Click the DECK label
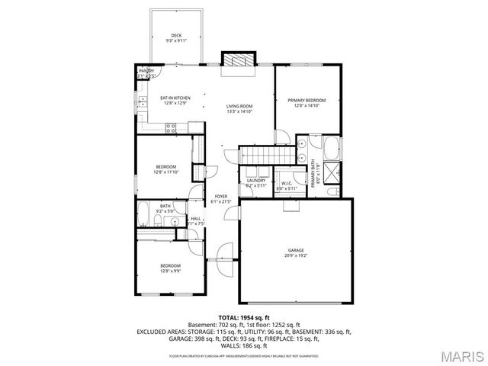[176, 36]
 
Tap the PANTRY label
[146, 71]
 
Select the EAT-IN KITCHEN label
[175, 98]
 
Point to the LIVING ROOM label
[239, 106]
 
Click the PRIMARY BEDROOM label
[307, 101]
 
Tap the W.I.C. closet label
[287, 183]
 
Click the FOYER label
[221, 197]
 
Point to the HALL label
[196, 218]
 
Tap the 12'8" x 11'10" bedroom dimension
[167, 172]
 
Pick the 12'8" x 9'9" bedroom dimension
[170, 271]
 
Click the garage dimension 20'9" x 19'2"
[296, 255]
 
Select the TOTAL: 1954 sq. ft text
[243, 316]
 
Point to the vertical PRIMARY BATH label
[313, 173]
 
